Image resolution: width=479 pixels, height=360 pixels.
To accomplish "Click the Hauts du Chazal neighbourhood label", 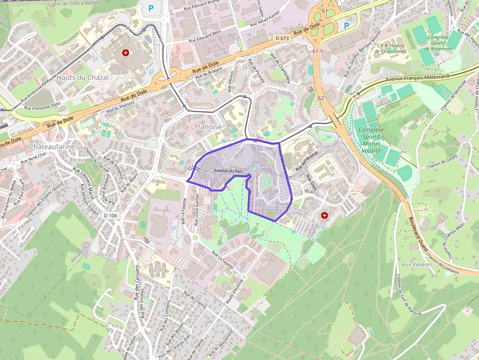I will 82,77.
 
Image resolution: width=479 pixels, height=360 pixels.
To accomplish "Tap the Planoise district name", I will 208,127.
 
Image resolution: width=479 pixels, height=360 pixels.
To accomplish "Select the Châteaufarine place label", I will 52,147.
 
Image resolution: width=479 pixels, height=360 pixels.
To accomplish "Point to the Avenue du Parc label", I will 228,171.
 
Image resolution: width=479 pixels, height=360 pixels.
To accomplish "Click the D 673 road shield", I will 282,38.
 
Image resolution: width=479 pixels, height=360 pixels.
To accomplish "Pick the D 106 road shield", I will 111,215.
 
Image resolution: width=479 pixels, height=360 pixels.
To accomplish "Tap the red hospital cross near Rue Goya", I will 325,215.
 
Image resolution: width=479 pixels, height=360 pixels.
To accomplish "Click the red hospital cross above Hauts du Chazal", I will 126,52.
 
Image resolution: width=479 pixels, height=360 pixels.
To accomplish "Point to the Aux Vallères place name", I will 416,264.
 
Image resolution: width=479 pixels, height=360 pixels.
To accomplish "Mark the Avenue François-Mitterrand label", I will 417,78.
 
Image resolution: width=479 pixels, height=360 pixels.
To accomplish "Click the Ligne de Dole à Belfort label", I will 78,4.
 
